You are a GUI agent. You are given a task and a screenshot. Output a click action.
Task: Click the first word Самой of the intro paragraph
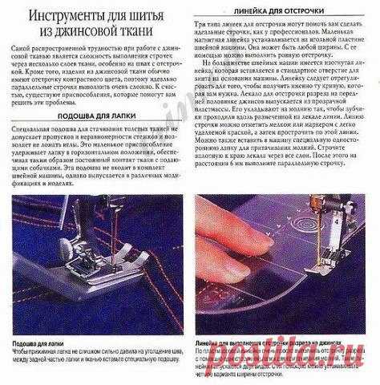[x=22, y=50]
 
